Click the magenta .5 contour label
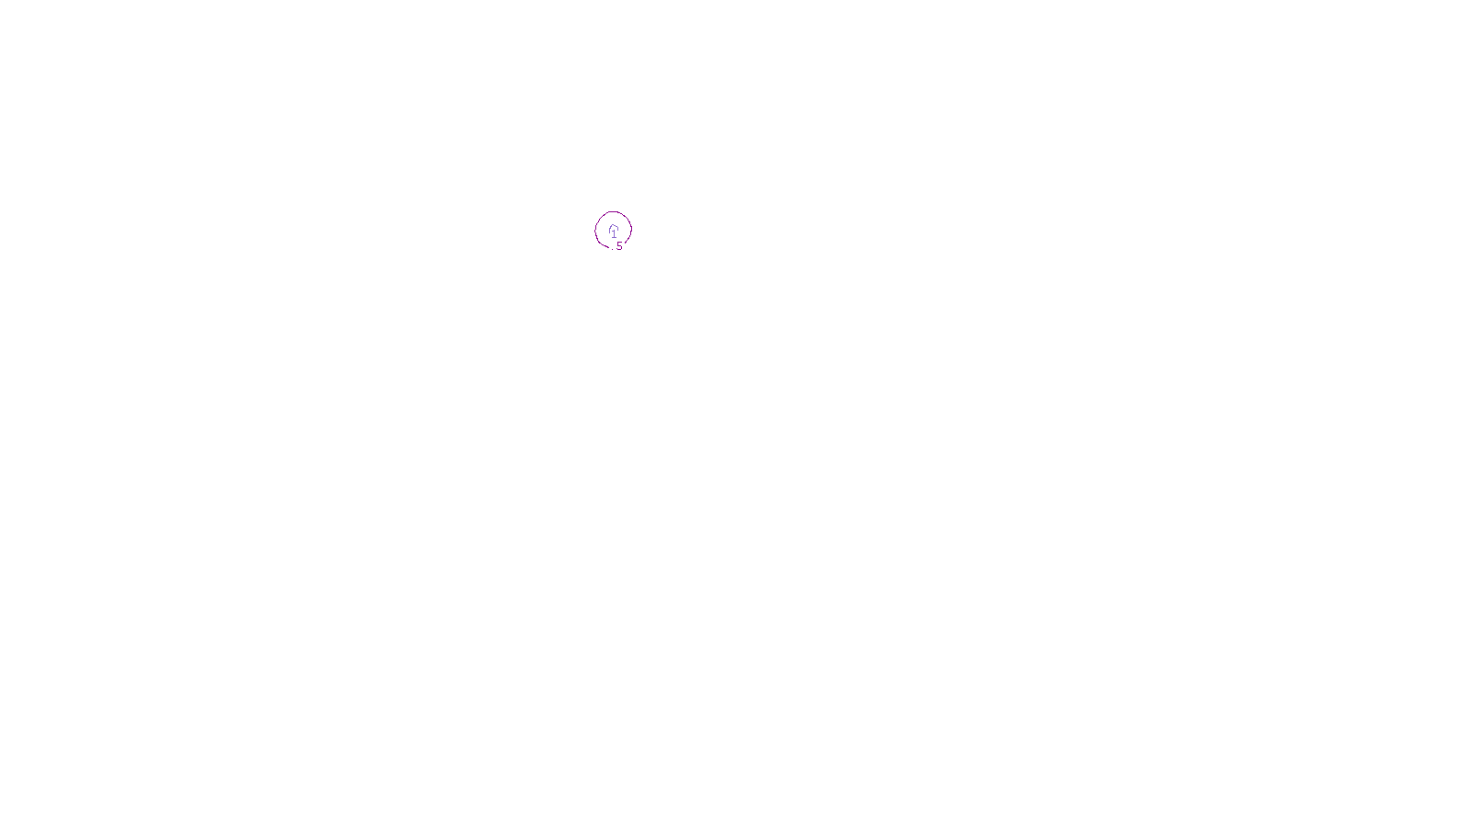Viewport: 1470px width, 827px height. [619, 246]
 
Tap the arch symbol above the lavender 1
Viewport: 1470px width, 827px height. [614, 227]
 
